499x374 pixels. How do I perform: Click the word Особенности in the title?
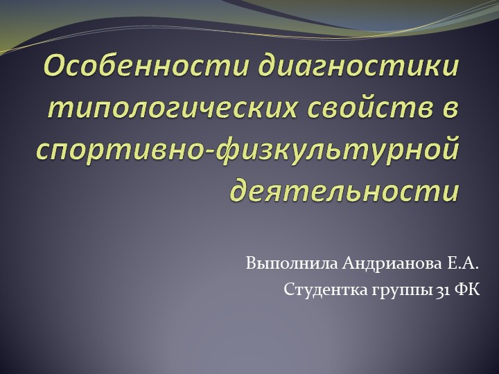[x=148, y=67]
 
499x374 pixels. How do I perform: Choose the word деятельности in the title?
[x=344, y=188]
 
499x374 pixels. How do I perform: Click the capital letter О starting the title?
[x=55, y=67]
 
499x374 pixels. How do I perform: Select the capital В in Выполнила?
[x=250, y=264]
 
